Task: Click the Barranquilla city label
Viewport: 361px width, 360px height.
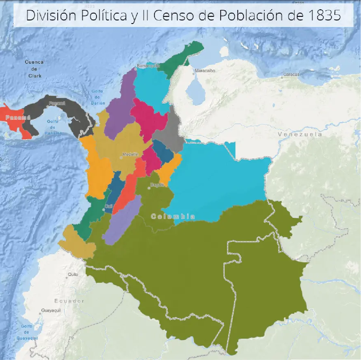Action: point(148,66)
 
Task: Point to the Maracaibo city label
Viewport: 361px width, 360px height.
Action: point(205,71)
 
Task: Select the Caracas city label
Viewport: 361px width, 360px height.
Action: point(291,74)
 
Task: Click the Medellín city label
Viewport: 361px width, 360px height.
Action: point(130,154)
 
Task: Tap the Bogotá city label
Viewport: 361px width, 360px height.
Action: point(157,185)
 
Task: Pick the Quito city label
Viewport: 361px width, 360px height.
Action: point(73,274)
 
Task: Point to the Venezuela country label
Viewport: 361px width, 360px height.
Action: point(300,134)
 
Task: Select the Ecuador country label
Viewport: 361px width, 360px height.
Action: point(69,301)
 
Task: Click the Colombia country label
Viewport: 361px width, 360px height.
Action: point(173,216)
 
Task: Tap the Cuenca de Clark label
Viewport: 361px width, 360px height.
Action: point(34,69)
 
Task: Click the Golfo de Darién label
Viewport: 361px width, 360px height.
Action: point(97,97)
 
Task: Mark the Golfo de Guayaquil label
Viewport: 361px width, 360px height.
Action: point(27,332)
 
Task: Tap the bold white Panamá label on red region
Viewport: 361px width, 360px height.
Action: point(18,117)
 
